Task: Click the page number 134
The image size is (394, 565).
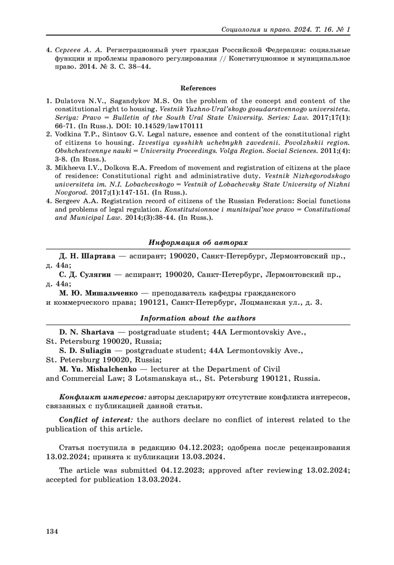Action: [x=52, y=532]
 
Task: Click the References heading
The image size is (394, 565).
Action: [x=198, y=88]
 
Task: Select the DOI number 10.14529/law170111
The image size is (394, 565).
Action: [x=170, y=126]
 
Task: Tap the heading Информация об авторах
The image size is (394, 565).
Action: [x=198, y=243]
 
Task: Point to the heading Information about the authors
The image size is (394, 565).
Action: [x=198, y=318]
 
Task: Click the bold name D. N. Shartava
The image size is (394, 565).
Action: [x=87, y=332]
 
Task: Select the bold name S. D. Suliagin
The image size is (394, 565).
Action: [x=85, y=350]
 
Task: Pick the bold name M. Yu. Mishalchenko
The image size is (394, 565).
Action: [x=98, y=369]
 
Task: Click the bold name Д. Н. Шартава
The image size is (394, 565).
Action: [x=87, y=256]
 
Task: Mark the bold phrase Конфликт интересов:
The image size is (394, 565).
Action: [x=103, y=397]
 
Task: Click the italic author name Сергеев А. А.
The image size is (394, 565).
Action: [x=79, y=50]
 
